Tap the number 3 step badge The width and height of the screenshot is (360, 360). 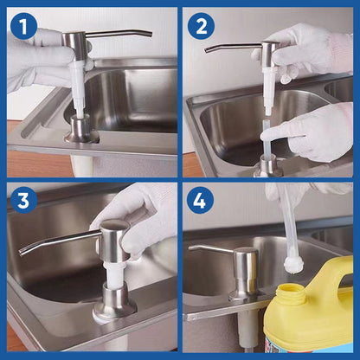tap(23, 202)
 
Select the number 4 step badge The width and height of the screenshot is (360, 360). tap(201, 202)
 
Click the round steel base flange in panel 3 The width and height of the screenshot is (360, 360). tap(112, 307)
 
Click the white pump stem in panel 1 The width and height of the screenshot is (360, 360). tap(80, 91)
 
